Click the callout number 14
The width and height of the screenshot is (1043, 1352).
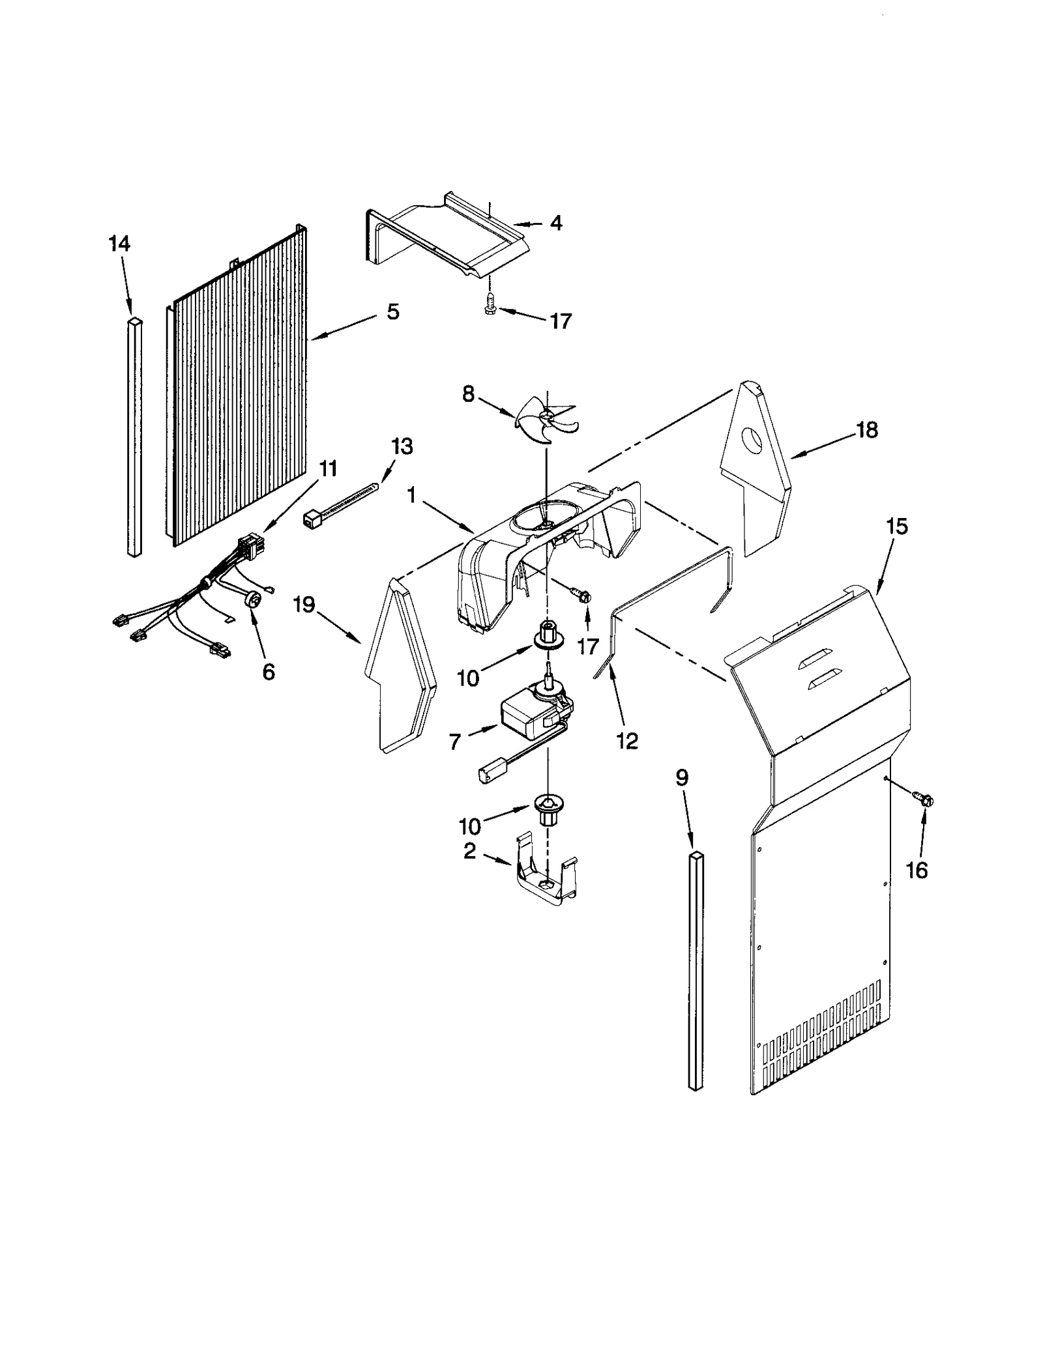(119, 244)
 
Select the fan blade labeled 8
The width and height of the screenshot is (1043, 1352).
(546, 421)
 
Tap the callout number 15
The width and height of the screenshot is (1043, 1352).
(897, 526)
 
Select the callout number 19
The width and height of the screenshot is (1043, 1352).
(304, 605)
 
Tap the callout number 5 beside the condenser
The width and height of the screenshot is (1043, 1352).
(392, 312)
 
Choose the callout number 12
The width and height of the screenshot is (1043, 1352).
(627, 741)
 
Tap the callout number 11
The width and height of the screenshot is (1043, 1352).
(328, 468)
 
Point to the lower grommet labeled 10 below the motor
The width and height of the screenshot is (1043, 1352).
(547, 806)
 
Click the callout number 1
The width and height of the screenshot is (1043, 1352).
(411, 496)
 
